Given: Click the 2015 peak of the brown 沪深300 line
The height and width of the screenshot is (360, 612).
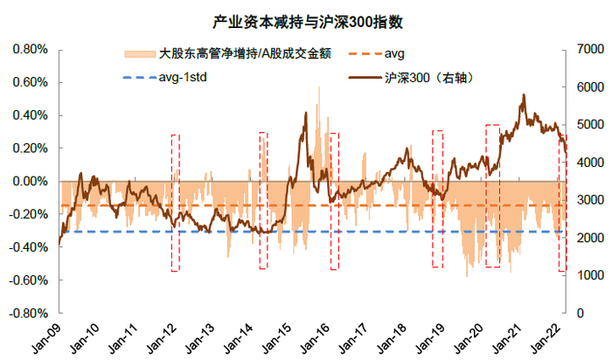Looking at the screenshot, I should coord(305,113).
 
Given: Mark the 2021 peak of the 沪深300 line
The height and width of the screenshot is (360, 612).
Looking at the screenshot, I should coord(523,95).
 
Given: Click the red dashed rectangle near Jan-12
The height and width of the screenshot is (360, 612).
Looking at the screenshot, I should coord(176,203).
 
